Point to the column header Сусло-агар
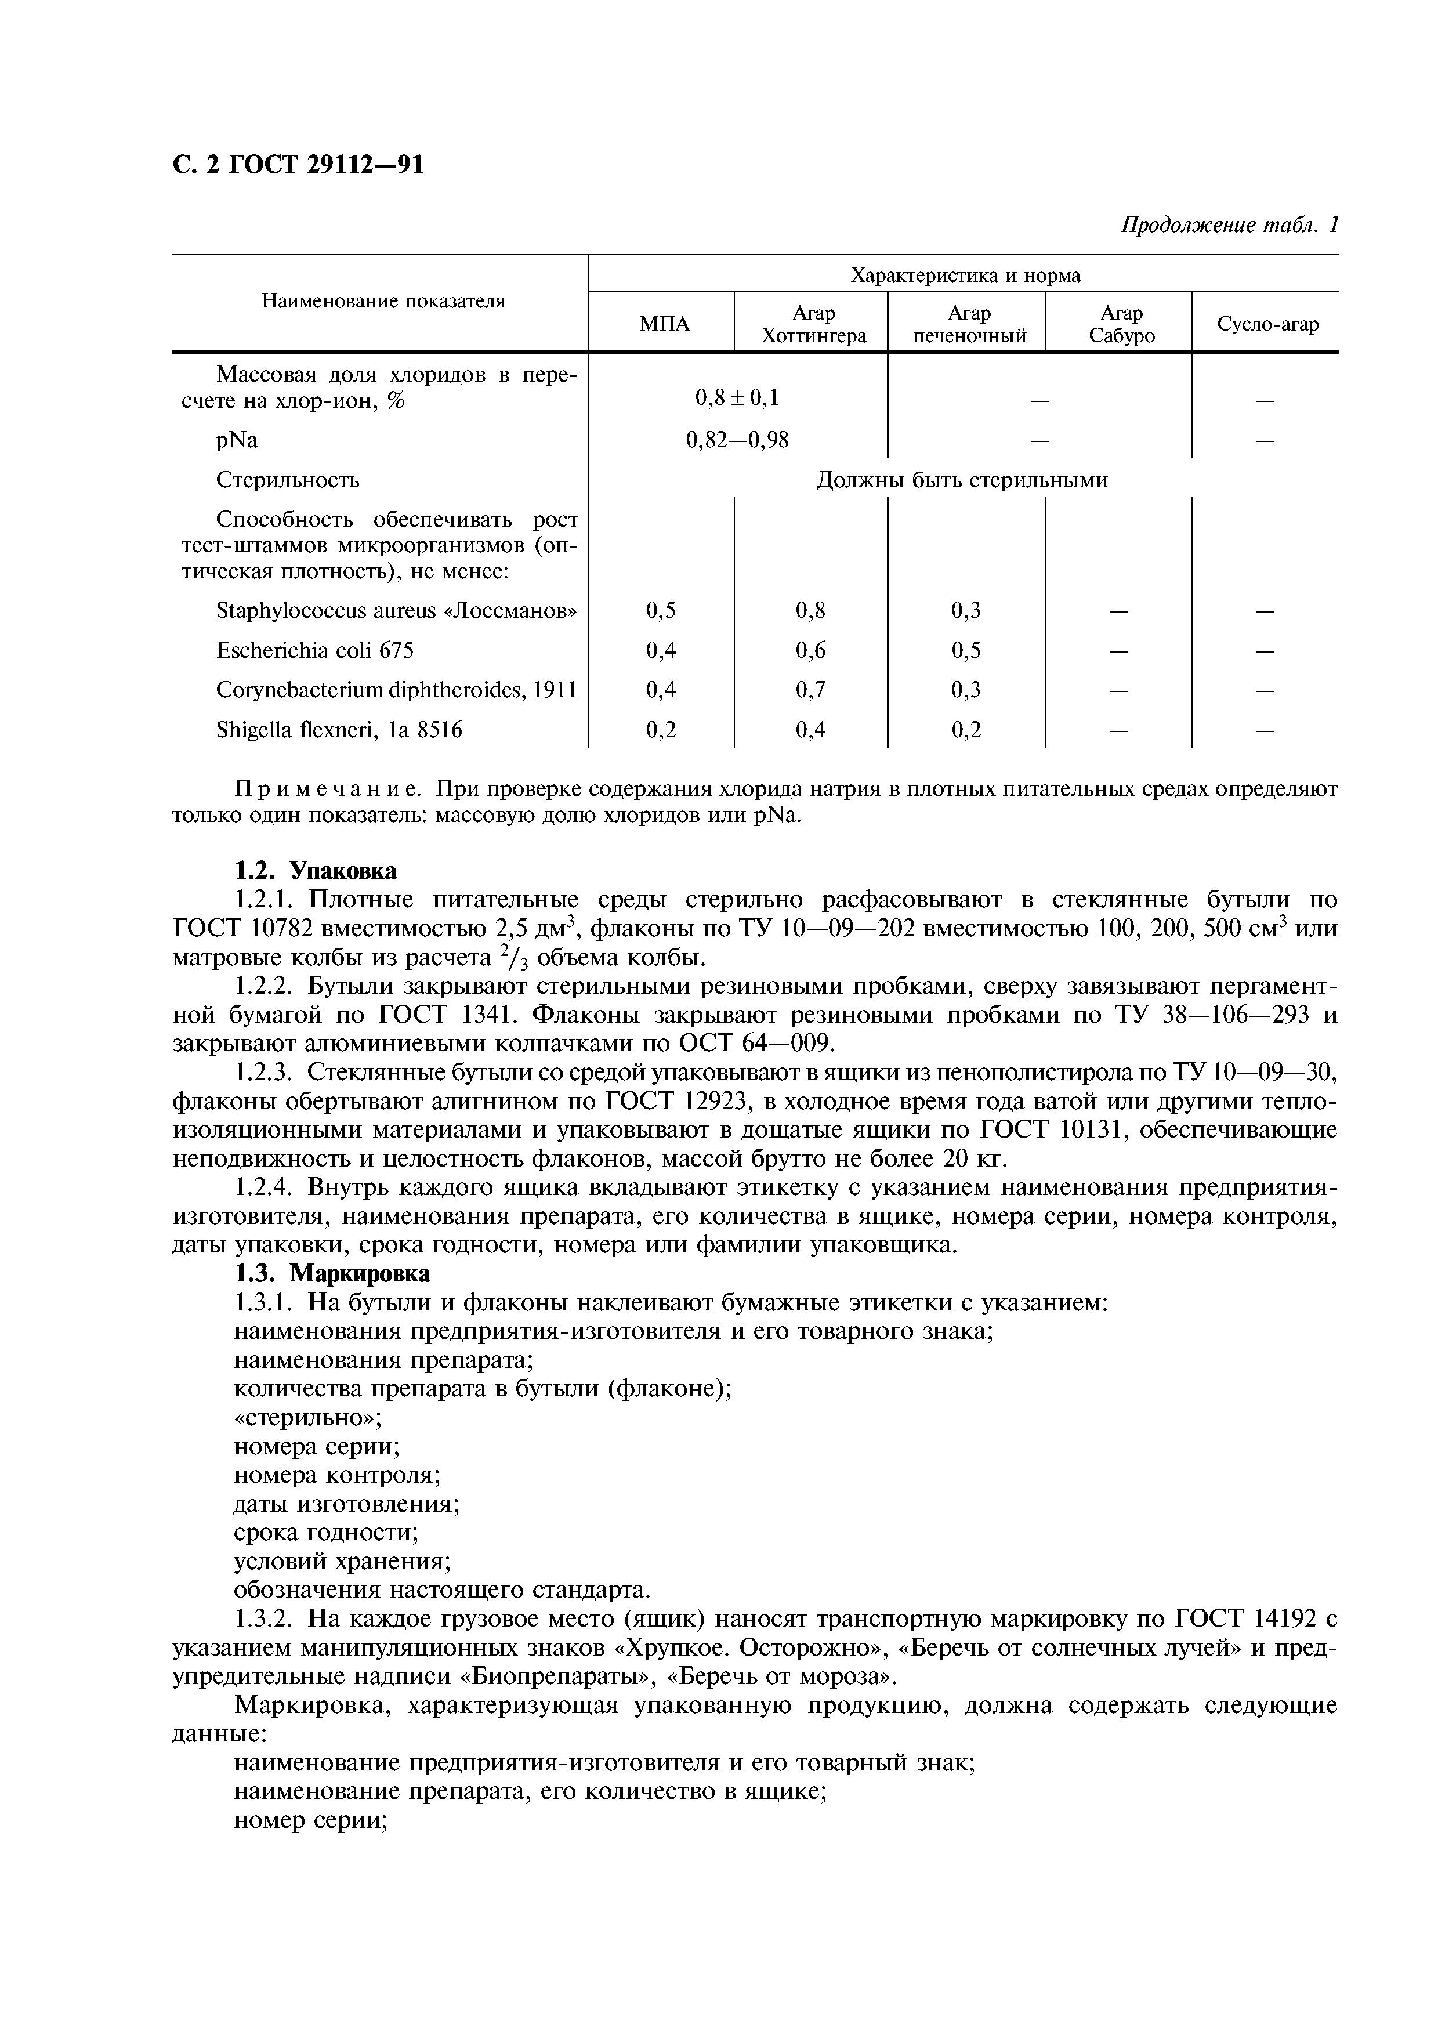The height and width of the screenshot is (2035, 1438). pyautogui.click(x=1267, y=324)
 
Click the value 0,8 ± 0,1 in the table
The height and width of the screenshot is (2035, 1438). pyautogui.click(x=737, y=399)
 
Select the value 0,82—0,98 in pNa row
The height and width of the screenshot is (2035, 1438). pyautogui.click(x=737, y=440)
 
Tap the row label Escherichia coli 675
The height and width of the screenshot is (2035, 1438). pyautogui.click(x=314, y=650)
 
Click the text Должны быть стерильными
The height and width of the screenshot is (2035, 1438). pyautogui.click(x=961, y=480)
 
